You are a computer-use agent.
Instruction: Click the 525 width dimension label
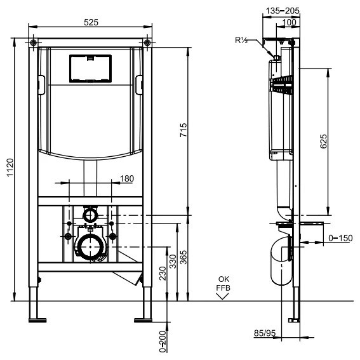tap(91, 22)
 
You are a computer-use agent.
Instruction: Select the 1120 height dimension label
tap(10, 168)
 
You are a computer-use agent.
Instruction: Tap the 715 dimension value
tap(183, 130)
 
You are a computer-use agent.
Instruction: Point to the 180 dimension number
tap(127, 178)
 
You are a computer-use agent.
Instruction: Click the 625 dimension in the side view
tap(323, 141)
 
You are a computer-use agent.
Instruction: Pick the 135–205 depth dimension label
tap(283, 11)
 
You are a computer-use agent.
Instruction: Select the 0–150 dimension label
tap(340, 238)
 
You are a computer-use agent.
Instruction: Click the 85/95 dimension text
tap(265, 333)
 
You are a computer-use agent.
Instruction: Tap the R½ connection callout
tap(241, 40)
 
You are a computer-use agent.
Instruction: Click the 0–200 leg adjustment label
tap(163, 342)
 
